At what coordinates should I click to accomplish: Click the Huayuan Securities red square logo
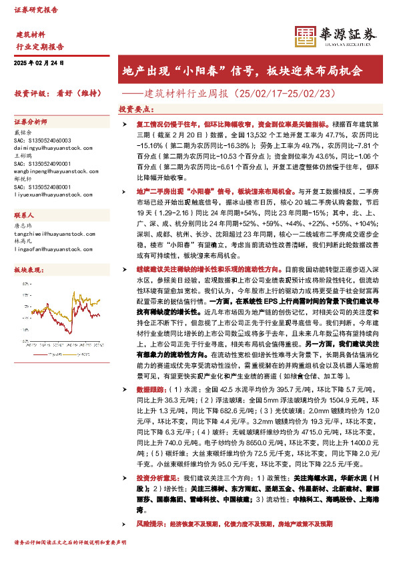click(306, 36)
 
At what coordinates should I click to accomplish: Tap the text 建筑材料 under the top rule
click(30, 34)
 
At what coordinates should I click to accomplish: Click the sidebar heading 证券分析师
click(31, 123)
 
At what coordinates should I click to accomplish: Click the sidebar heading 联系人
click(24, 216)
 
